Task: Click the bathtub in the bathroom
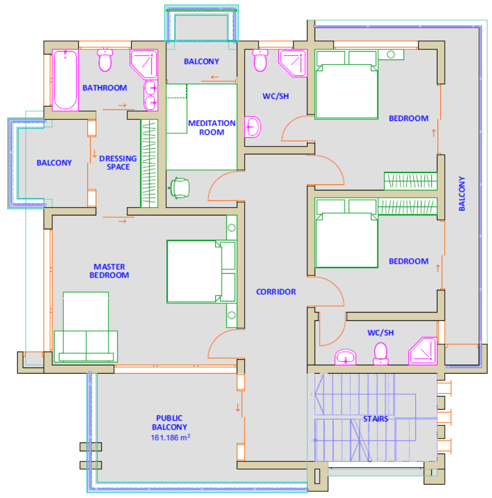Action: pyautogui.click(x=65, y=80)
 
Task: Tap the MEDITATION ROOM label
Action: pyautogui.click(x=211, y=128)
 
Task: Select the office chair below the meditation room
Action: pyautogui.click(x=180, y=188)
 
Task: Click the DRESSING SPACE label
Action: pyautogui.click(x=118, y=163)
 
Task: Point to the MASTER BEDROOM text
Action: pyautogui.click(x=109, y=271)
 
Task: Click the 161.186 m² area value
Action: pyautogui.click(x=171, y=437)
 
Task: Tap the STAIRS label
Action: pyautogui.click(x=376, y=419)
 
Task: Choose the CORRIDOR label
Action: pyautogui.click(x=276, y=292)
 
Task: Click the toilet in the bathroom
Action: pyautogui.click(x=105, y=60)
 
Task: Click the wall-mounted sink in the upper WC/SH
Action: pyautogui.click(x=252, y=127)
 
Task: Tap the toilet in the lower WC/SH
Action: pyautogui.click(x=381, y=354)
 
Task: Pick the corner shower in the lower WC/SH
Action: pyautogui.click(x=423, y=351)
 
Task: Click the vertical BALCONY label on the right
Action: pyautogui.click(x=462, y=194)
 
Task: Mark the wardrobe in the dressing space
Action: pyautogui.click(x=149, y=164)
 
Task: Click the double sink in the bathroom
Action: pyautogui.click(x=151, y=95)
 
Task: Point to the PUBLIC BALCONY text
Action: pyautogui.click(x=170, y=422)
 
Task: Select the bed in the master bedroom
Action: pyautogui.click(x=201, y=271)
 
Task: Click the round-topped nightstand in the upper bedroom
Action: pyautogui.click(x=391, y=54)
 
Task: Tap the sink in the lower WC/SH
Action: pyautogui.click(x=345, y=357)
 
